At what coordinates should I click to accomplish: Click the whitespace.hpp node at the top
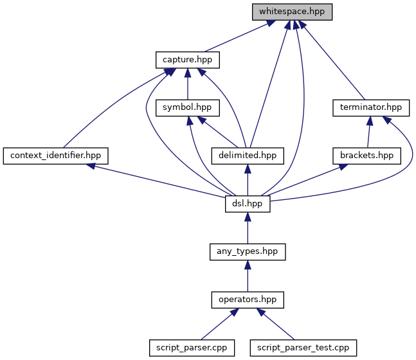(291, 12)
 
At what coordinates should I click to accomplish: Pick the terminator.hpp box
(371, 107)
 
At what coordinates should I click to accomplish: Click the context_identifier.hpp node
(55, 155)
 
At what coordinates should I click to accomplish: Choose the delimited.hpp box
(248, 155)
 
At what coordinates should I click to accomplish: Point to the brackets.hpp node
(366, 155)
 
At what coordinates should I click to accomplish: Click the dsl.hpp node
(248, 203)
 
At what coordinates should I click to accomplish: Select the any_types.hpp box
(248, 251)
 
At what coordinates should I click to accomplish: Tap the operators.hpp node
(248, 299)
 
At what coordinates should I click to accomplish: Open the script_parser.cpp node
(191, 347)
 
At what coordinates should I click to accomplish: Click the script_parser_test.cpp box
(302, 347)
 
